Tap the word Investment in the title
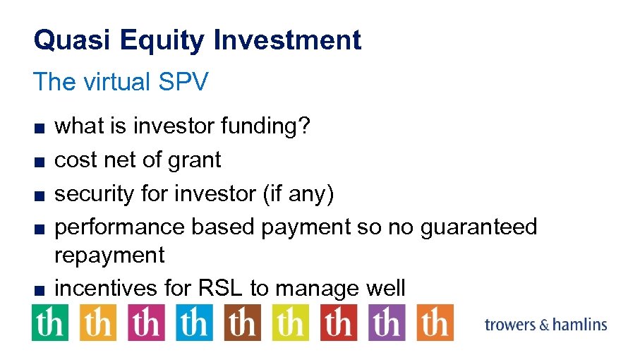(x=287, y=40)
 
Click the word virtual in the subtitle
(x=116, y=82)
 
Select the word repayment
(x=109, y=255)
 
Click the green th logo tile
(x=50, y=323)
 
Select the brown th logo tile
(x=242, y=323)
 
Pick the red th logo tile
(x=338, y=323)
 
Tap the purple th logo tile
(x=386, y=323)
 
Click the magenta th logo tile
(x=146, y=323)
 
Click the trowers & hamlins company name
(x=545, y=325)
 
